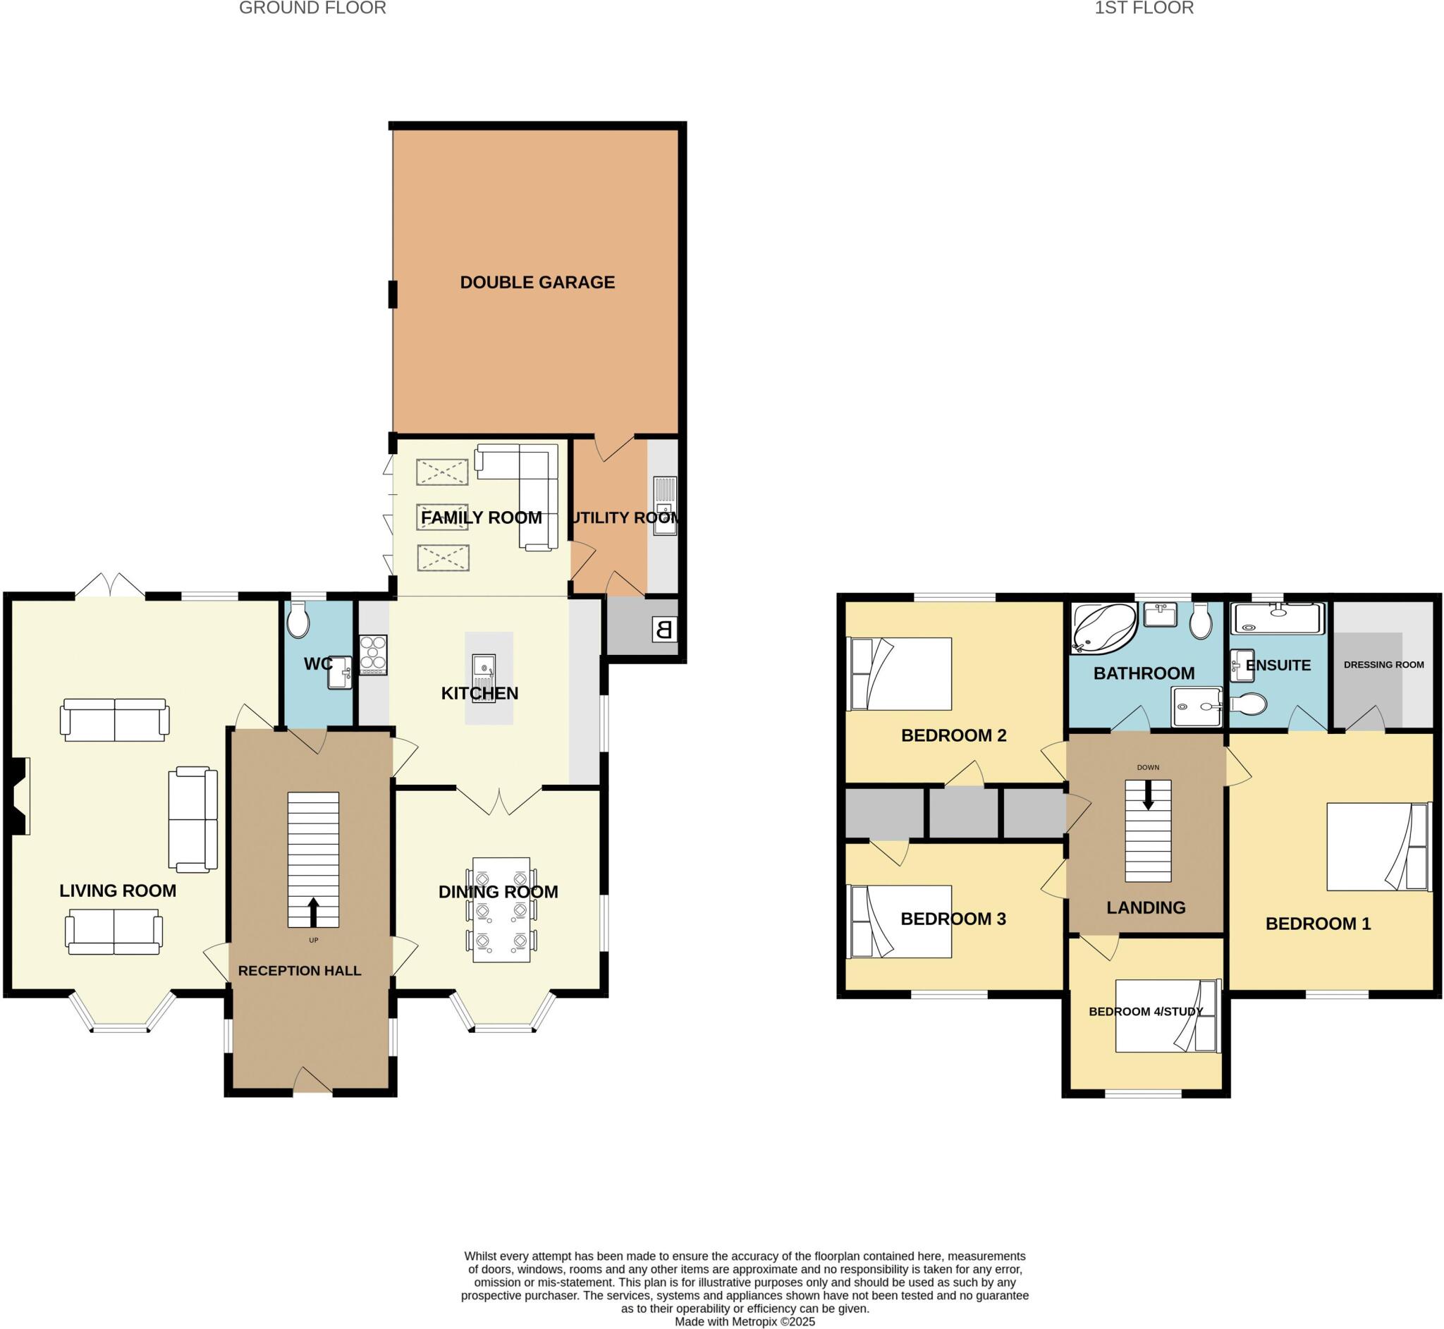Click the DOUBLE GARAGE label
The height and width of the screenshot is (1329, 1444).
(x=537, y=283)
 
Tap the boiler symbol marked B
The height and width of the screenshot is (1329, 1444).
(x=663, y=630)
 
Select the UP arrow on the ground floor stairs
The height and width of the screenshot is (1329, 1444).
(x=313, y=912)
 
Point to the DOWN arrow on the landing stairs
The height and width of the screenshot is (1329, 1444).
(x=1148, y=795)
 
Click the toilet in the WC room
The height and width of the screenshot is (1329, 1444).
(x=298, y=620)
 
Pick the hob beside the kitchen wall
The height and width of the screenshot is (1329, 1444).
(x=373, y=654)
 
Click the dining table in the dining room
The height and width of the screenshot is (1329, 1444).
(x=501, y=909)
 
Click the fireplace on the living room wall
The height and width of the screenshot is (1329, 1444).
(x=20, y=796)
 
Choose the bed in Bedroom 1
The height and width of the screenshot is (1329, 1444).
(x=1376, y=847)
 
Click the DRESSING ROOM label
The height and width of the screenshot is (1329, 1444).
(x=1383, y=664)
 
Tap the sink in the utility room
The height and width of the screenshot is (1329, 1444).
(x=665, y=506)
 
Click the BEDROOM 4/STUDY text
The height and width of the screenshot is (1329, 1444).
(x=1146, y=1012)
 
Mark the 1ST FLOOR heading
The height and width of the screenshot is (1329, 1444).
(x=1144, y=8)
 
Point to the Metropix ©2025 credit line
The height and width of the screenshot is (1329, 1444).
(x=745, y=1321)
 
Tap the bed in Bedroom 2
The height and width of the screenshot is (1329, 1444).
(x=900, y=674)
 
